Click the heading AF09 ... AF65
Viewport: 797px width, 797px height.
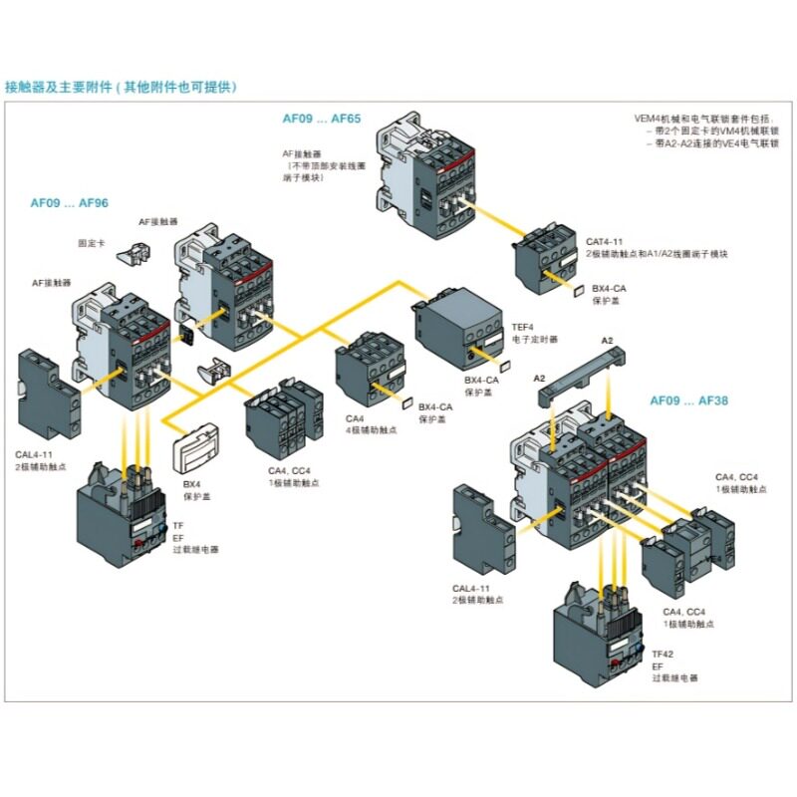tap(320, 119)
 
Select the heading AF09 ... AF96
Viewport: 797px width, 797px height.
tap(69, 202)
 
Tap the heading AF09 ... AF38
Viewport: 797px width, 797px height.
tap(689, 400)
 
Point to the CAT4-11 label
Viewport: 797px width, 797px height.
tap(605, 241)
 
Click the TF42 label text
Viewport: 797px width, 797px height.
tap(663, 654)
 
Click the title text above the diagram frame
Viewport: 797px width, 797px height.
tap(122, 87)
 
